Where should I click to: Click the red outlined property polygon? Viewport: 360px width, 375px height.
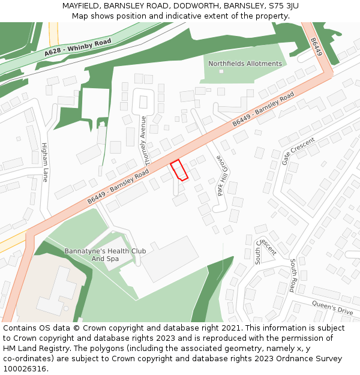click(179, 170)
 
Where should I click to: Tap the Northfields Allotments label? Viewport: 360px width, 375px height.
click(245, 64)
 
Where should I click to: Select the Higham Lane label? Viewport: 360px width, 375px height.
click(44, 162)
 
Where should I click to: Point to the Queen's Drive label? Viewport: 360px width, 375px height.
click(332, 307)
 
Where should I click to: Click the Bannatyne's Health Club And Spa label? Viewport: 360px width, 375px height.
click(101, 254)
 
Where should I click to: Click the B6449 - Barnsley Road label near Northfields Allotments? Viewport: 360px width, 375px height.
click(263, 109)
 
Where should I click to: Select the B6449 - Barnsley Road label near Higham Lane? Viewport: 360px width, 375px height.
click(118, 187)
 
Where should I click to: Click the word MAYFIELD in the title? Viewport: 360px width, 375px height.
click(82, 6)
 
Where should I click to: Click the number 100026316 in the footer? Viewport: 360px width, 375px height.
click(23, 368)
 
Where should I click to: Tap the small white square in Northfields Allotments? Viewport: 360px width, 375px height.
click(221, 71)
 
